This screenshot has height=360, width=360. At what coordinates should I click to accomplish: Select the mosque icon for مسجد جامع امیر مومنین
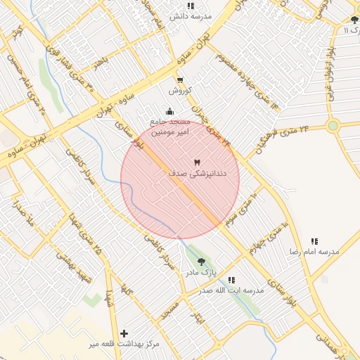pyautogui.click(x=169, y=111)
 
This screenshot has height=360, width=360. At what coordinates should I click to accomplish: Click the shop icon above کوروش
pyautogui.click(x=180, y=80)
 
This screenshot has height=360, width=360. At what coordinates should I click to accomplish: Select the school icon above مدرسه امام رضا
pyautogui.click(x=314, y=241)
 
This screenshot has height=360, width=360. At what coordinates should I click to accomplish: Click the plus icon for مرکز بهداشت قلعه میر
pyautogui.click(x=124, y=333)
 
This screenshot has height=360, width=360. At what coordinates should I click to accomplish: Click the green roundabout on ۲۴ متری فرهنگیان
pyautogui.click(x=333, y=126)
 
